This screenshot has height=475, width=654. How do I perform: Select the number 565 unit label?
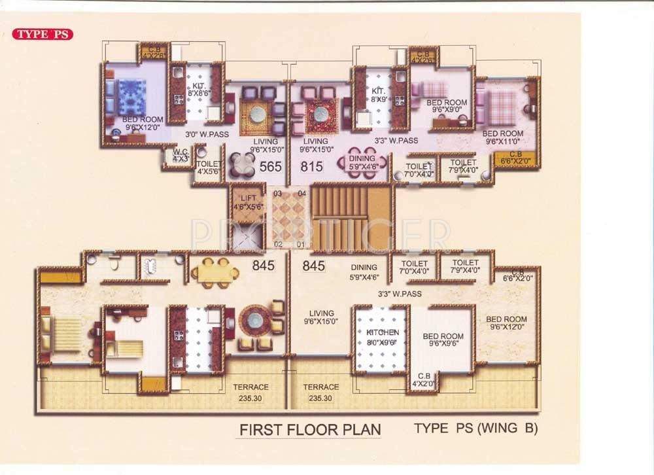pos(270,167)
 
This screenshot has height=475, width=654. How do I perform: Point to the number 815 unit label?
pos(312,167)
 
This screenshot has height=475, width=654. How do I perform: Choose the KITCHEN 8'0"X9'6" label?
pos(382,336)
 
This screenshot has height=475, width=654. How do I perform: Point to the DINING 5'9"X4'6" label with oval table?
pos(362,162)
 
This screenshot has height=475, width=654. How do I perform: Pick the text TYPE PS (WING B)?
pos(475,429)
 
